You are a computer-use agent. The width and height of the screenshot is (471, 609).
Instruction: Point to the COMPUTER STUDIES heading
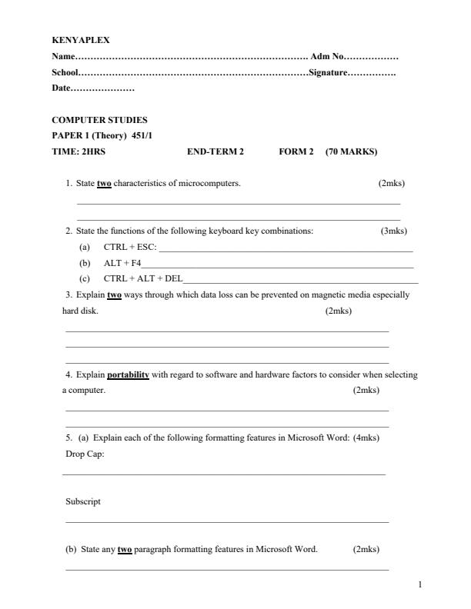point(99,120)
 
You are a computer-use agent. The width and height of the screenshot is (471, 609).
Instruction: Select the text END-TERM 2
point(215,151)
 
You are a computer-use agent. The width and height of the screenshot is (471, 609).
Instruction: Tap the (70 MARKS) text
point(351,151)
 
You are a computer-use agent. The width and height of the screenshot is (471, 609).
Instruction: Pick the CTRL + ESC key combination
point(129,247)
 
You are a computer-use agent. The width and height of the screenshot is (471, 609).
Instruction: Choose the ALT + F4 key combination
point(122,263)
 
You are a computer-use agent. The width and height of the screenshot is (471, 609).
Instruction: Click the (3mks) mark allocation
point(394,231)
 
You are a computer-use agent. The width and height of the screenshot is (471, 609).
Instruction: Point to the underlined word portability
point(128,375)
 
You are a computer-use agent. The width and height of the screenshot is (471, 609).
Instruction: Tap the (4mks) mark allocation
point(366,438)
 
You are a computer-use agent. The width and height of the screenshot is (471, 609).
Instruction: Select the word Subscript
point(83,501)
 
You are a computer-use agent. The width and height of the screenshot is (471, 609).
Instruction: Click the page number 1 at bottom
point(419,585)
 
